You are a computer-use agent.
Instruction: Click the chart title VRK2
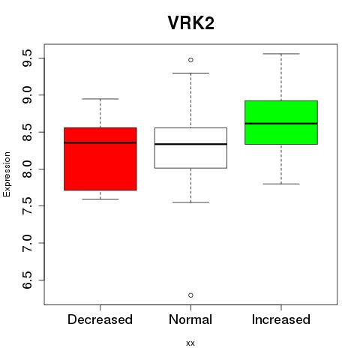coord(190,23)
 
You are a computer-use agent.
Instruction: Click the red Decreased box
coord(100,159)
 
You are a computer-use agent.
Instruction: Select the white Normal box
coord(190,148)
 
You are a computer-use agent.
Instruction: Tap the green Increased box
coord(281,122)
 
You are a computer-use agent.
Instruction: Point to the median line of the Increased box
coord(281,124)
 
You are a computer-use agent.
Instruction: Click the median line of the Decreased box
coord(100,142)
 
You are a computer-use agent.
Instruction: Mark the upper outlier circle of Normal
coord(190,60)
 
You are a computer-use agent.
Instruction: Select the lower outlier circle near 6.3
coord(190,295)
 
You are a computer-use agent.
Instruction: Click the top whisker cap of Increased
coord(281,54)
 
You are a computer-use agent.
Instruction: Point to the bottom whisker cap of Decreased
coord(100,199)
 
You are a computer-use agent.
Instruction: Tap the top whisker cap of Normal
coord(190,73)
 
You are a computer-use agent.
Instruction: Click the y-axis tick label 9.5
coord(27,58)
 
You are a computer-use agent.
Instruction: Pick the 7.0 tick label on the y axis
coord(27,243)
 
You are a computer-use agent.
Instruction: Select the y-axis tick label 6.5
coord(27,280)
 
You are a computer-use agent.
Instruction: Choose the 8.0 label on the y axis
coord(27,169)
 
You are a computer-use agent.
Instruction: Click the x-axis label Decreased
coord(100,319)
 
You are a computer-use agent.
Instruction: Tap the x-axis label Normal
coord(190,319)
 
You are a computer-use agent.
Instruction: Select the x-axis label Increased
coord(281,319)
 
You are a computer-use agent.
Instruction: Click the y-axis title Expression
coord(7,174)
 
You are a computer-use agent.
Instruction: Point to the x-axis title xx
coord(190,343)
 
